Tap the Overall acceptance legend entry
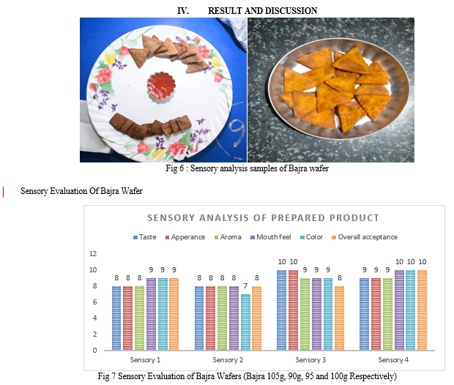[364, 237]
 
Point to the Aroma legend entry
[229, 237]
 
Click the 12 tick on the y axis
[93, 253]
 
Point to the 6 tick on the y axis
[94, 302]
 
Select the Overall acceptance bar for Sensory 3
[339, 318]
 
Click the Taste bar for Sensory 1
[116, 318]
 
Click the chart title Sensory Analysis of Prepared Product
[263, 217]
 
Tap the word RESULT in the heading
[226, 11]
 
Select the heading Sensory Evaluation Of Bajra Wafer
[81, 191]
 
